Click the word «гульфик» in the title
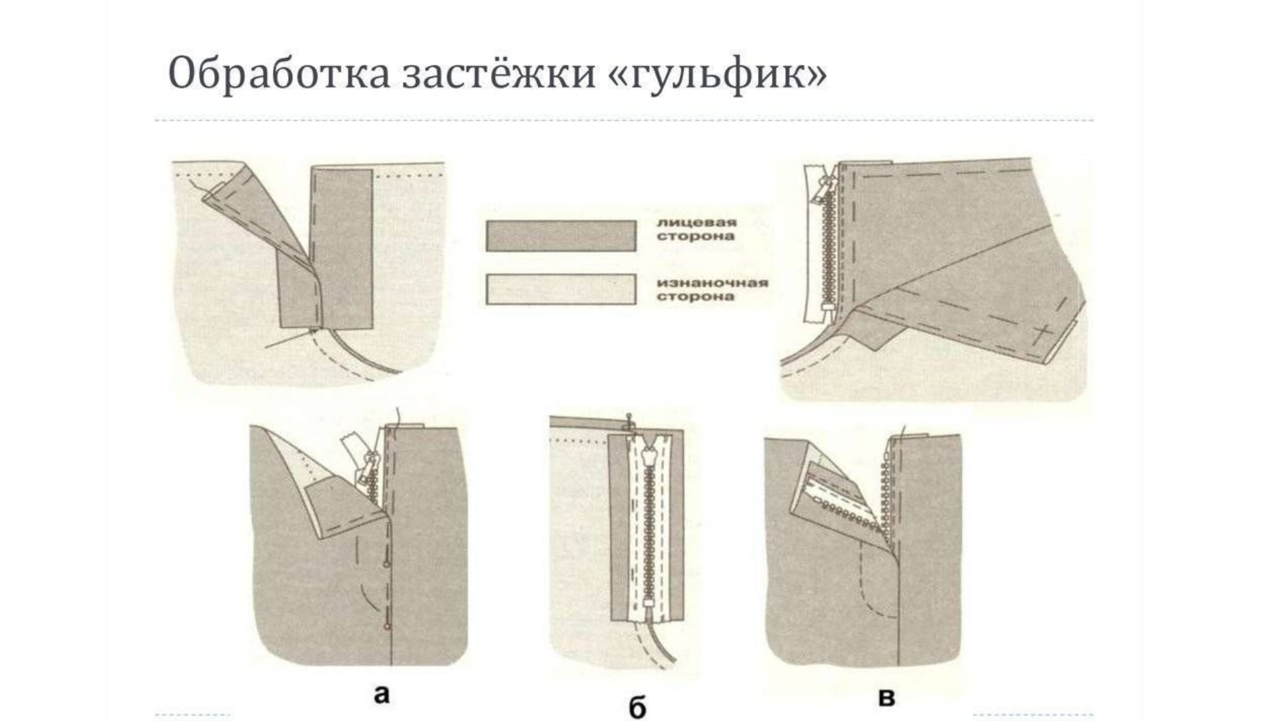[x=717, y=73]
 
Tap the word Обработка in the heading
[x=278, y=73]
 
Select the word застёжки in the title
[x=499, y=73]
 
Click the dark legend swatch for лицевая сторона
[x=560, y=236]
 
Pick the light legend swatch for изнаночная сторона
[x=560, y=289]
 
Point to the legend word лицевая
[x=696, y=223]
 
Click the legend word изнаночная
[x=713, y=283]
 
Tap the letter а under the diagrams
[x=381, y=695]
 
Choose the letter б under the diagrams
[x=637, y=708]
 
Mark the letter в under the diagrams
[x=886, y=698]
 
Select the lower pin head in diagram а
[x=386, y=627]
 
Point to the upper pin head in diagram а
[x=386, y=565]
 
